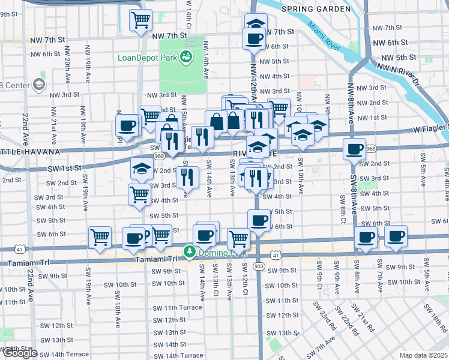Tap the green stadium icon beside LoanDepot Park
pyautogui.click(x=185, y=56)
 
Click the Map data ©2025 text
pyautogui.click(x=423, y=355)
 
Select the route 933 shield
pyautogui.click(x=259, y=265)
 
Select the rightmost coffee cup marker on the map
pyautogui.click(x=396, y=236)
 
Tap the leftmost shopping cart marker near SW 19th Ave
pyautogui.click(x=100, y=236)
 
